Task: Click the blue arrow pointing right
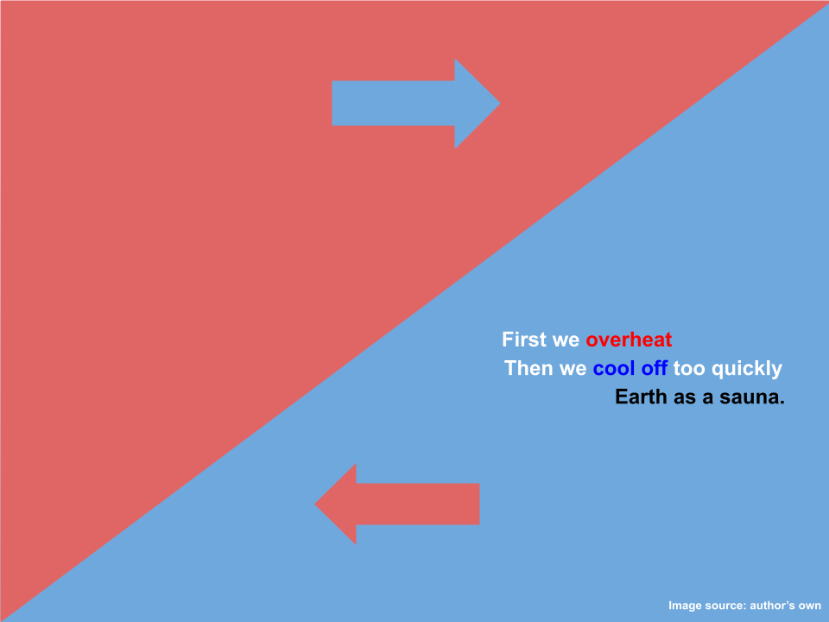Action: click(416, 104)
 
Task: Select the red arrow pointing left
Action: click(397, 504)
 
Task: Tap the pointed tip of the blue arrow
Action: click(500, 104)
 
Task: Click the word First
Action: click(524, 340)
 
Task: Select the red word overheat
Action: click(629, 340)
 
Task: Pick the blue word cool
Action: click(614, 368)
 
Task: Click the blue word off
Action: click(654, 368)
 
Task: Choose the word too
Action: click(689, 368)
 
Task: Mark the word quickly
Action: click(746, 369)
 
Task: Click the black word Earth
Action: click(641, 397)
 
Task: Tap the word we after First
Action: click(566, 340)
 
